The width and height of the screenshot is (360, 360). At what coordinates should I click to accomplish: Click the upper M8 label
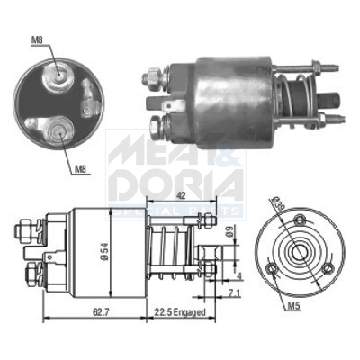pos(36,40)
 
